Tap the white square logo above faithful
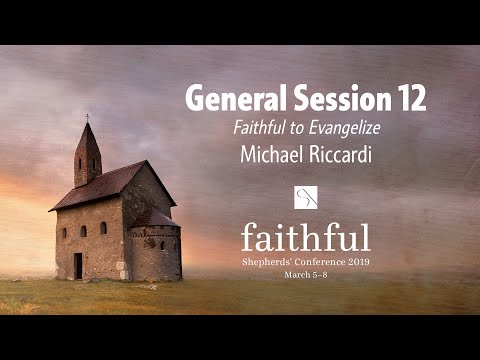coord(306,196)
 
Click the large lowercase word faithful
coord(306,236)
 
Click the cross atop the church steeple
coord(87,117)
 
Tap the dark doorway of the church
coord(78,266)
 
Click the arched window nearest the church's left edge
coord(64,232)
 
